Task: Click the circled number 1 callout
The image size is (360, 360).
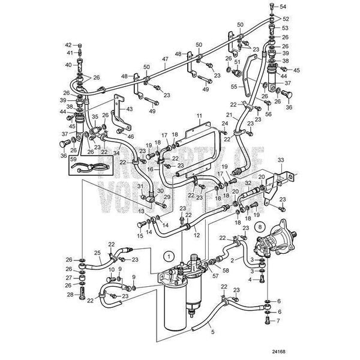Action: tap(170, 256)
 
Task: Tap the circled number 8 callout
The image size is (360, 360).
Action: tap(260, 227)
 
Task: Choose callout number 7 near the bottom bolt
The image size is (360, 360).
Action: tap(278, 320)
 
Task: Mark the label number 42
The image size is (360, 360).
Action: tap(68, 45)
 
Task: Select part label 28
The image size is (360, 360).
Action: tap(69, 295)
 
